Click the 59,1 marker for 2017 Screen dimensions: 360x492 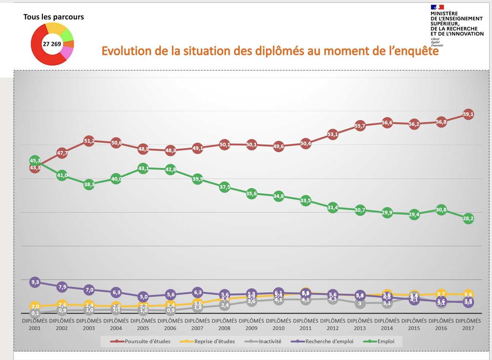point(468,114)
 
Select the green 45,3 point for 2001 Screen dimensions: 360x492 point(35,161)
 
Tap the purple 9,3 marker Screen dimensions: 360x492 point(35,282)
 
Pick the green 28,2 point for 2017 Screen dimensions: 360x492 point(468,219)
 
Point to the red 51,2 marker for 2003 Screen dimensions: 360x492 point(89,141)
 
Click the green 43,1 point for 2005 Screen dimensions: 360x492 point(143,168)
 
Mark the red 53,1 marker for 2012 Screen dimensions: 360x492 point(333,134)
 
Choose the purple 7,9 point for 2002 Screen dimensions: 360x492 point(62,287)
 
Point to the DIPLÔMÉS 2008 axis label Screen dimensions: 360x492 point(224,325)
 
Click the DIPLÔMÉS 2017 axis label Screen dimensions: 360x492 point(468,325)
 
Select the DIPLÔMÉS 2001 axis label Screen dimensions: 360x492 point(35,325)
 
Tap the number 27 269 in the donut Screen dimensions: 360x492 point(52,44)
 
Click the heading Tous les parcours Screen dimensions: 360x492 point(53,17)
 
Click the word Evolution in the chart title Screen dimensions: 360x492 point(126,51)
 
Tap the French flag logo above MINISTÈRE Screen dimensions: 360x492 point(437,7)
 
